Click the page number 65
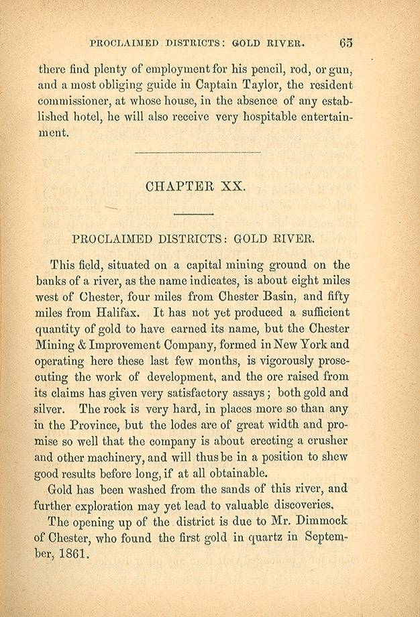click(x=346, y=43)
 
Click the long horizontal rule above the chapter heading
click(x=197, y=153)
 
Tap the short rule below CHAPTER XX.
click(x=193, y=213)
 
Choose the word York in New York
click(x=311, y=345)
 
